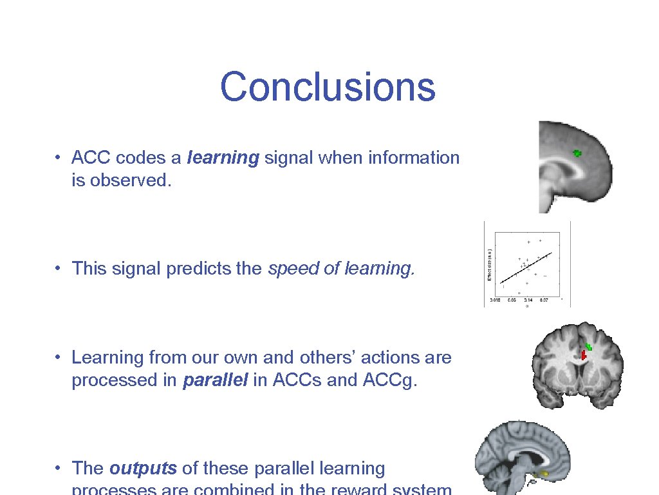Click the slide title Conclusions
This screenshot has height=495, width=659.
tap(328, 87)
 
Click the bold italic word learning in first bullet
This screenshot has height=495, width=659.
tap(223, 158)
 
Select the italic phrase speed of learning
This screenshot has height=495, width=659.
tap(341, 268)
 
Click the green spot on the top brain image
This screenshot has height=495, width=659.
tap(577, 153)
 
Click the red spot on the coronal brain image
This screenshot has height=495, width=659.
tap(584, 354)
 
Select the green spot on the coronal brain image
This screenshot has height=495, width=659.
tap(589, 347)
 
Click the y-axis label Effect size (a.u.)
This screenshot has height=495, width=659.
tap(489, 264)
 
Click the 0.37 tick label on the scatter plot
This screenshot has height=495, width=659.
tap(544, 300)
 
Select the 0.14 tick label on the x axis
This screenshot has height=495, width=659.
tap(528, 300)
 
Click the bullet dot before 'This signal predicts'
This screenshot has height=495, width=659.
tap(58, 269)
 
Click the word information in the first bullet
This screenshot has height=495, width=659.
tap(414, 158)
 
